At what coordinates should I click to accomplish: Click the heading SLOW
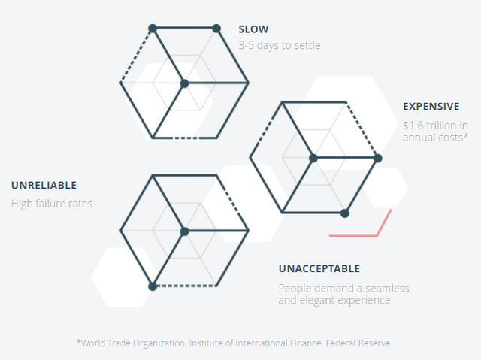pos(253,29)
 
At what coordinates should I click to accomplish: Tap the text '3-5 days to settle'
pos(280,45)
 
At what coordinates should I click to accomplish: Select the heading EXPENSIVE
pos(431,107)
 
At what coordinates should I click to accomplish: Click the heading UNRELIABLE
pos(44,185)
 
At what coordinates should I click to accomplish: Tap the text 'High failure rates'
pos(52,204)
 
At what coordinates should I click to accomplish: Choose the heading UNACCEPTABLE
pos(319,268)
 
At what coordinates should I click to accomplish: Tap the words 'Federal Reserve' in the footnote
pos(358,343)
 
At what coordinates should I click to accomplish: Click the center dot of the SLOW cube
pos(184,83)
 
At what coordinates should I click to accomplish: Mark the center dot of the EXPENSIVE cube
pos(313,159)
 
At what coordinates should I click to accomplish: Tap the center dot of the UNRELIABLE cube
pos(184,231)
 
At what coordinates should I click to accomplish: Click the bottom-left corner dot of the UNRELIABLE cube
pos(153,286)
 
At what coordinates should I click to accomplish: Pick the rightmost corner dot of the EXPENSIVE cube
pos(378,159)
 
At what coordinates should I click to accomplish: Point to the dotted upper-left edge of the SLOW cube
pos(136,56)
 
